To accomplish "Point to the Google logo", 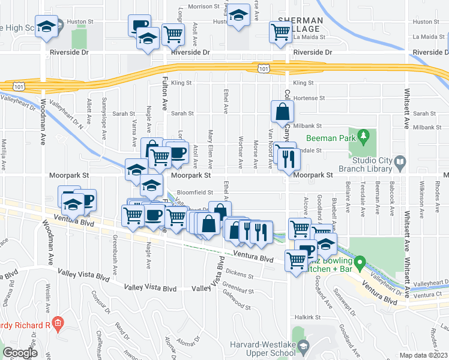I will pos(19,353).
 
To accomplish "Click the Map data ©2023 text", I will pos(424,355).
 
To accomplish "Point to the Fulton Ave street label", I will pos(164,97).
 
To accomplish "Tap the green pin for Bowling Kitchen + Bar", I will pos(360,263).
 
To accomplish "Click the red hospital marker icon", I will pos(58,326).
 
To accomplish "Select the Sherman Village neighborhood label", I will pos(298,25).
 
